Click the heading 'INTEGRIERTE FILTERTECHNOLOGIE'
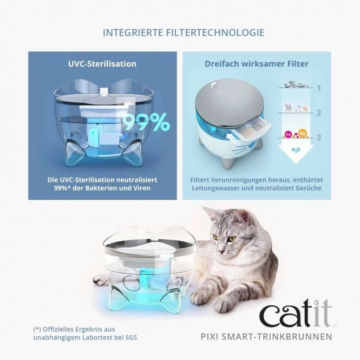tap(184, 32)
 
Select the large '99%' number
tap(145, 124)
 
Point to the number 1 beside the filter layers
tap(319, 88)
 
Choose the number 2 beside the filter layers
tap(319, 113)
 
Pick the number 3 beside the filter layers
tap(319, 138)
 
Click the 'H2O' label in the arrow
tap(296, 150)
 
